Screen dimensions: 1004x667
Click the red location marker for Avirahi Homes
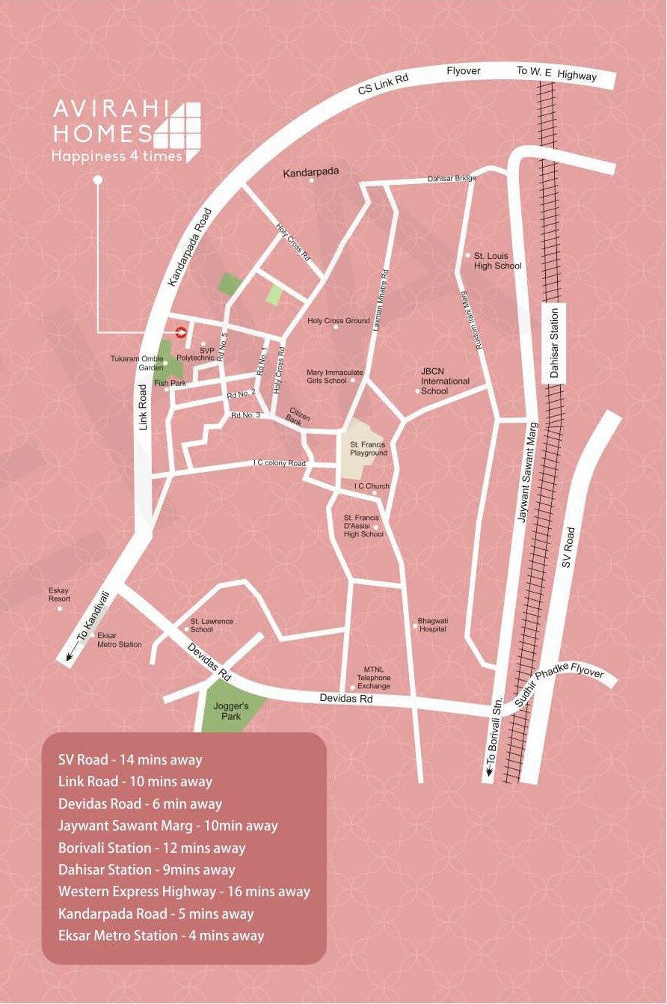coord(180,332)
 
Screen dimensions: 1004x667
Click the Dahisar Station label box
coord(554,343)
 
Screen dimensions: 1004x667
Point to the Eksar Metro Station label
coord(119,640)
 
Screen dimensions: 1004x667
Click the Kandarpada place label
coord(310,172)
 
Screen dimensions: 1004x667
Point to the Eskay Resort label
coord(59,595)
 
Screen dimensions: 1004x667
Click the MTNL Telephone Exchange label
coord(373,678)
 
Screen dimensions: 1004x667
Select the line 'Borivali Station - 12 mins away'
coord(152,848)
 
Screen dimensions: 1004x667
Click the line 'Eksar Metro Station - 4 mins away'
coord(161,935)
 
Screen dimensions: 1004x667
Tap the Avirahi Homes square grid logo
coord(178,132)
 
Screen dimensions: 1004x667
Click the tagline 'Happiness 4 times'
coord(117,156)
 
